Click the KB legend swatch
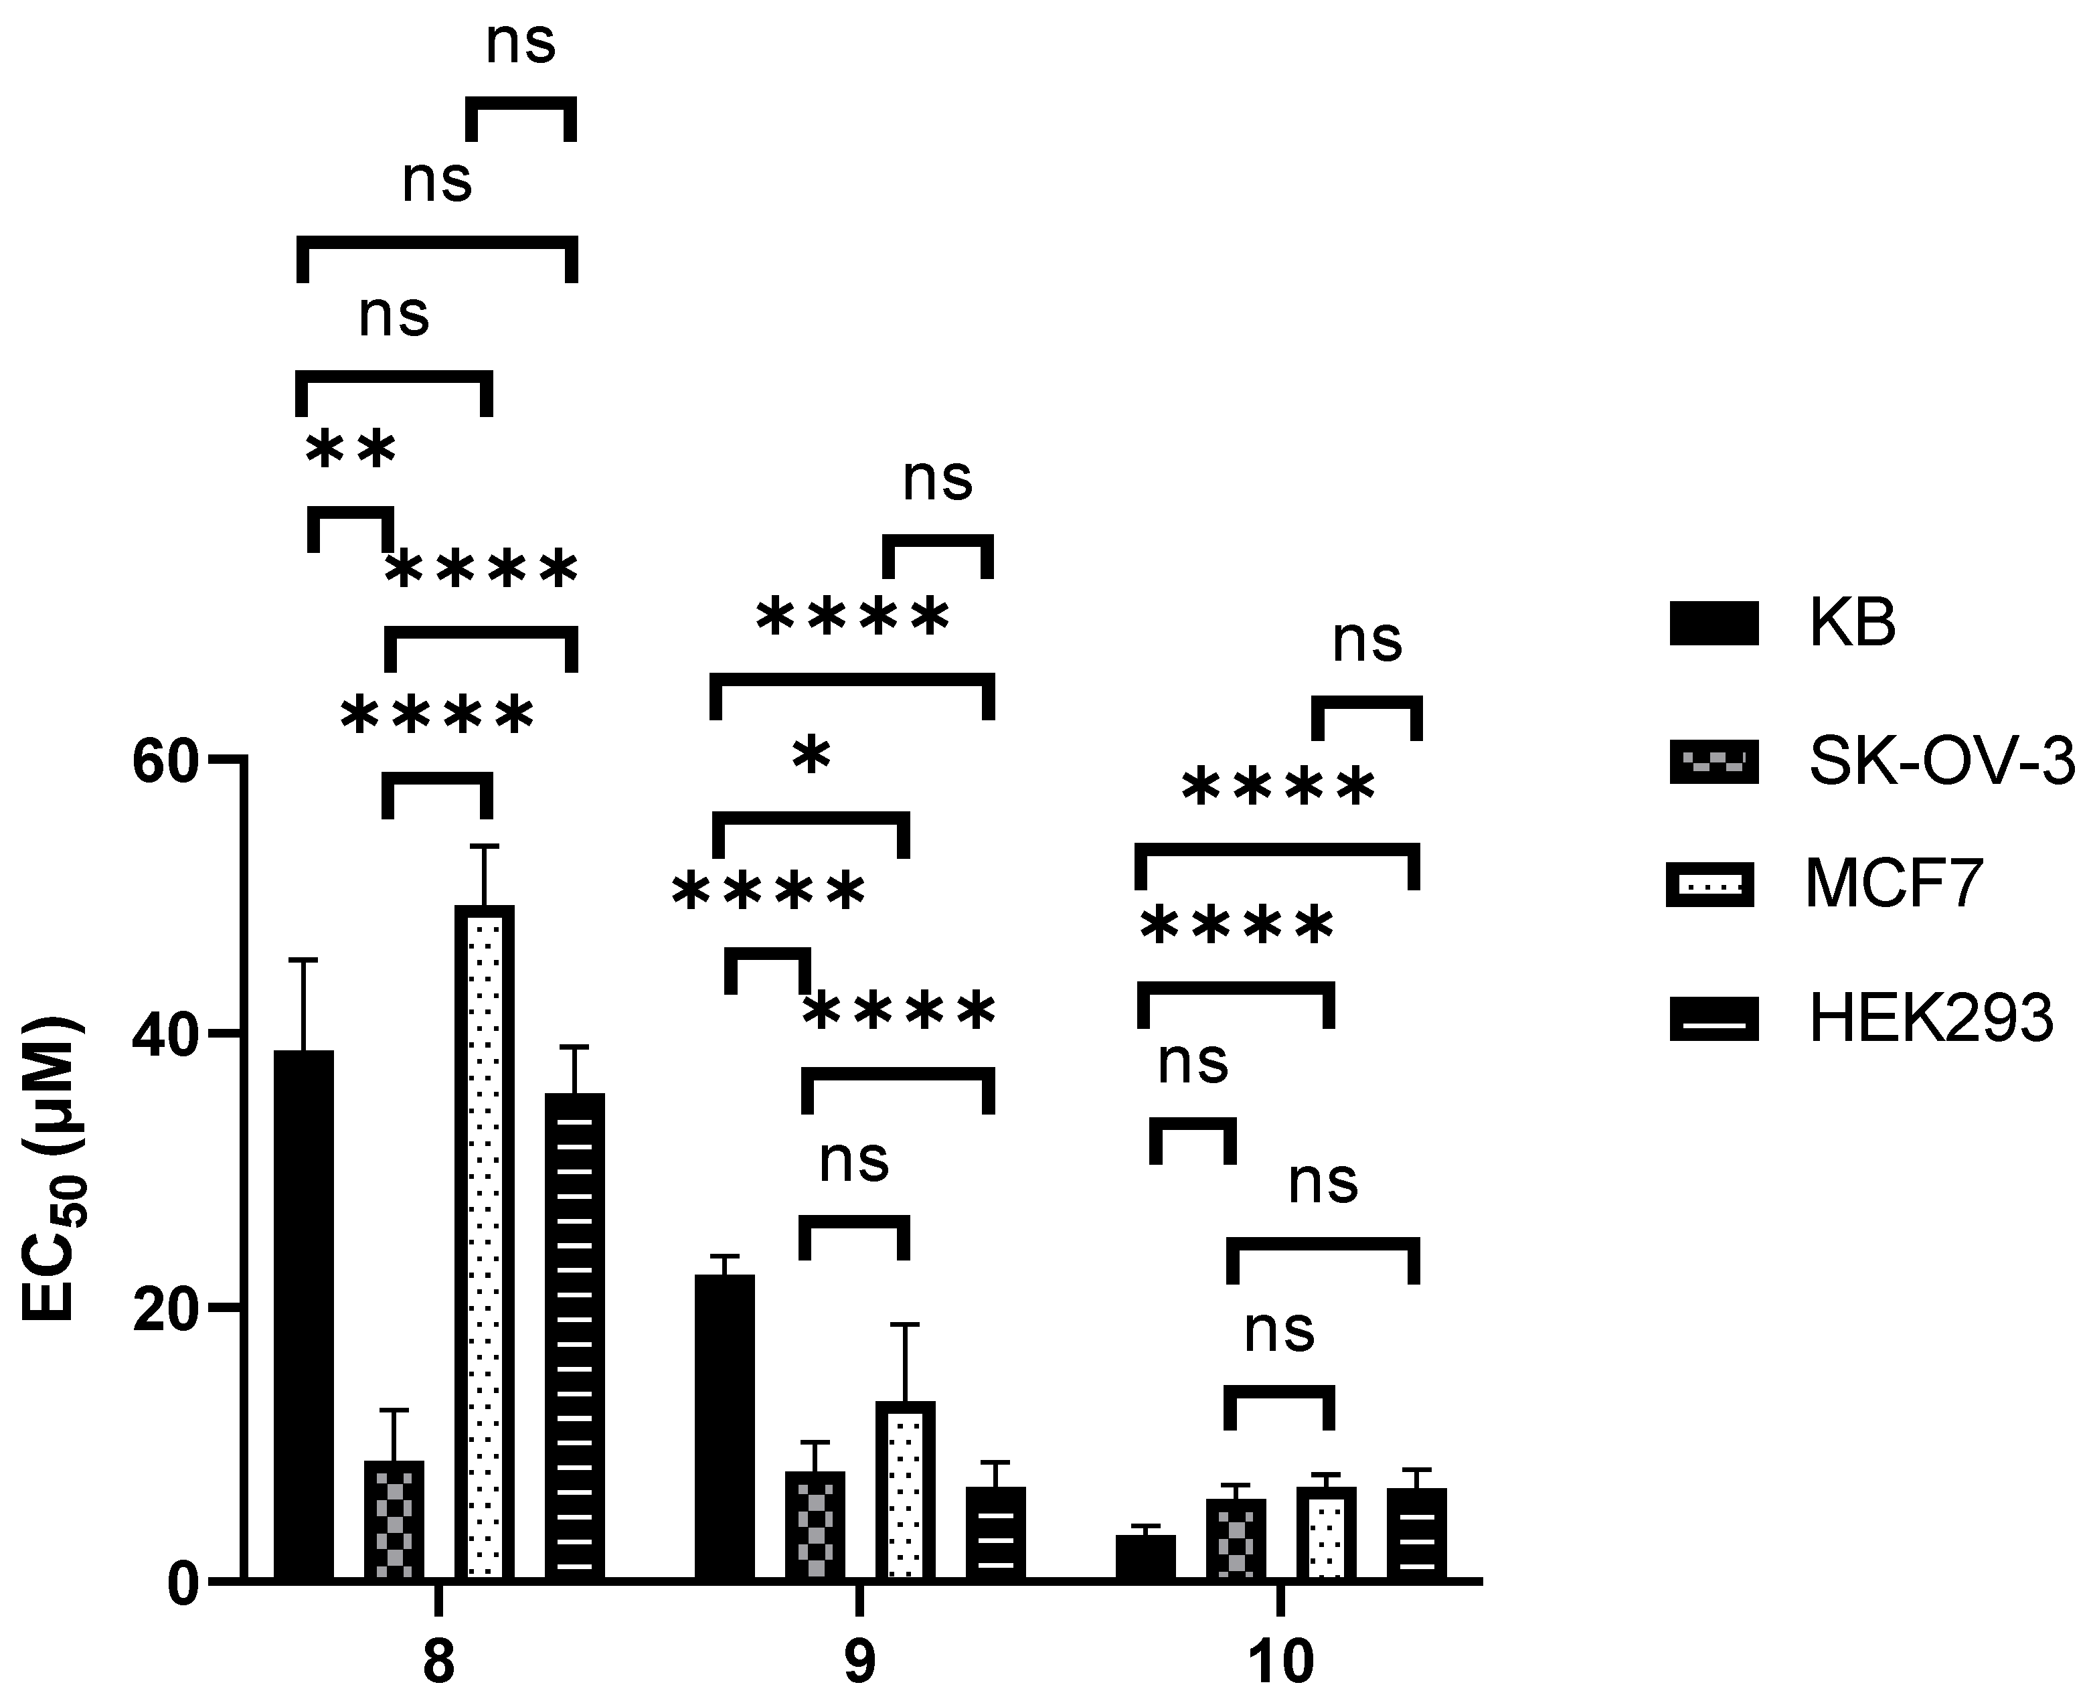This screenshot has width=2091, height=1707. click(1713, 623)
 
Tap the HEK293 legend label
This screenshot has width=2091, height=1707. click(1931, 1019)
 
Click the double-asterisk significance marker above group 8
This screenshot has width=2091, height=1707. click(351, 451)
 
